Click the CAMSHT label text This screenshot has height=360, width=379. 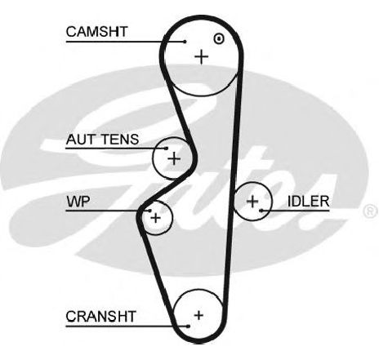pyautogui.click(x=96, y=32)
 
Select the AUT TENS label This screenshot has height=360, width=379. pyautogui.click(x=102, y=140)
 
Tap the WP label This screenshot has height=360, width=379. pyautogui.click(x=78, y=202)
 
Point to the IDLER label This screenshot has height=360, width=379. pyautogui.click(x=308, y=202)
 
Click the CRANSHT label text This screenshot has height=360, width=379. pyautogui.click(x=100, y=317)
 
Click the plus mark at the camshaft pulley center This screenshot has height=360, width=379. pyautogui.click(x=202, y=57)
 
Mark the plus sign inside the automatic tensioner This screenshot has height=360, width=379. pyautogui.click(x=174, y=158)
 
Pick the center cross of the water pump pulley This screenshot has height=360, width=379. pyautogui.click(x=156, y=218)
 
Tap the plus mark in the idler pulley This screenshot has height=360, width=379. pyautogui.click(x=252, y=202)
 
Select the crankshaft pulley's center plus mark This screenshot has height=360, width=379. pyautogui.click(x=198, y=315)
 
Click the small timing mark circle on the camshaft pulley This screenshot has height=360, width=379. pyautogui.click(x=219, y=38)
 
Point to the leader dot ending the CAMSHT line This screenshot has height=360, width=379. pyautogui.click(x=185, y=42)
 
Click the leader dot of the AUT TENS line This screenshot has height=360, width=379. pyautogui.click(x=167, y=149)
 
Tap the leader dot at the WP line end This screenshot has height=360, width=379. pyautogui.click(x=149, y=211)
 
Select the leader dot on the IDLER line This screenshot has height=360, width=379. pyautogui.click(x=261, y=211)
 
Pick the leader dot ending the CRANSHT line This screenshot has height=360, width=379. pyautogui.click(x=188, y=326)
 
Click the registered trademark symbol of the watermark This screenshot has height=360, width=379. pyautogui.click(x=370, y=211)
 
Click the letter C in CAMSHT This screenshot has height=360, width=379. pyautogui.click(x=71, y=32)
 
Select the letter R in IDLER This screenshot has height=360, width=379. pyautogui.click(x=324, y=202)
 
